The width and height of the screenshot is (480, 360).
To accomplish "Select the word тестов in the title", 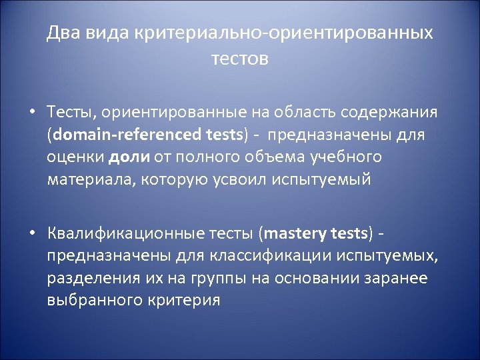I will coord(240,59).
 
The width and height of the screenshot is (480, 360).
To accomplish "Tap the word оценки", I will coord(74,157).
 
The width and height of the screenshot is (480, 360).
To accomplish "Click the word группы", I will coord(213,279).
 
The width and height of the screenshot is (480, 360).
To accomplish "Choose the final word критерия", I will coord(180,301).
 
